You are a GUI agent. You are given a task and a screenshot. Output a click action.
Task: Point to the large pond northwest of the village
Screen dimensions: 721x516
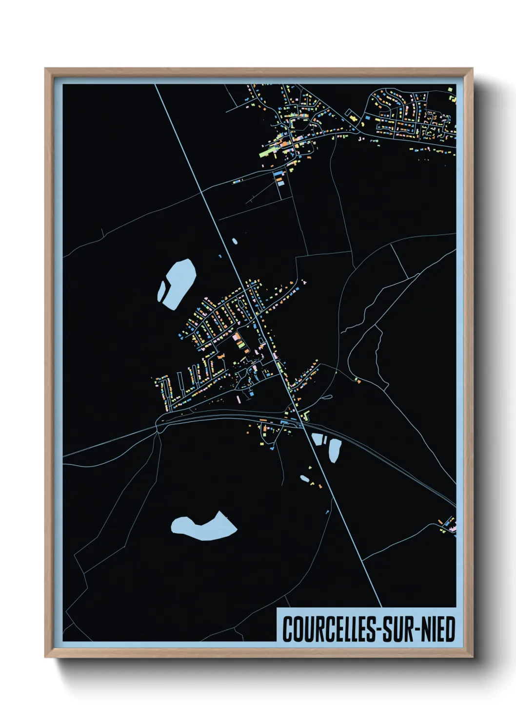tap(177, 284)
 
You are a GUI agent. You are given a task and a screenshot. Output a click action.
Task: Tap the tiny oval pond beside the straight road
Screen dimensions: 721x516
tap(235, 241)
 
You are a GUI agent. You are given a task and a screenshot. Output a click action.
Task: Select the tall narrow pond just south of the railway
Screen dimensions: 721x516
tap(335, 450)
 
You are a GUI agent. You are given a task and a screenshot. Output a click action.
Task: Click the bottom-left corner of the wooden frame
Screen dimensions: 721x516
tap(46, 657)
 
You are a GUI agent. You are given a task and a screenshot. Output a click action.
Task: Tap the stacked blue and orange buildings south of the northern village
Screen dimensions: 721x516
tap(278, 176)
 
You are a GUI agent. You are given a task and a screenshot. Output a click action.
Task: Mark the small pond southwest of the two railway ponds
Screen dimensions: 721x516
tap(304, 478)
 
